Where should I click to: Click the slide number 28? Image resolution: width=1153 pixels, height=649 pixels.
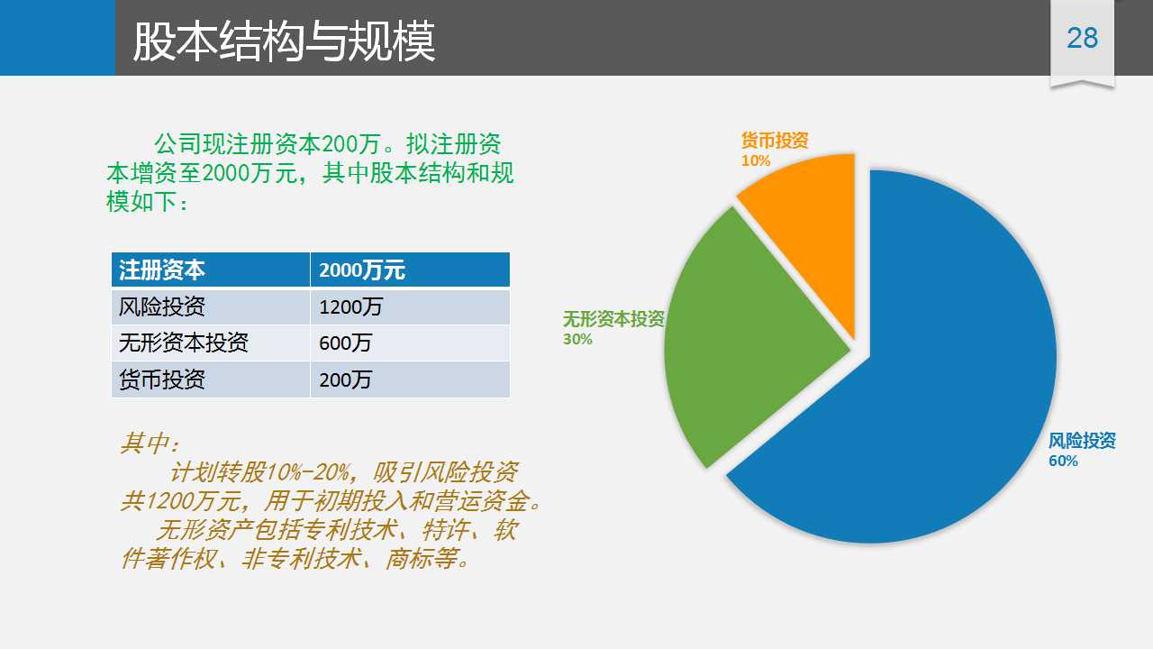click(1083, 38)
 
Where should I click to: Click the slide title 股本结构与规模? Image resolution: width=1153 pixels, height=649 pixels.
click(284, 41)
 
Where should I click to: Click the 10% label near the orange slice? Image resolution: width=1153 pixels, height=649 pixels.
click(756, 160)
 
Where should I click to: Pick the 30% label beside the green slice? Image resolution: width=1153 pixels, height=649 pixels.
click(577, 340)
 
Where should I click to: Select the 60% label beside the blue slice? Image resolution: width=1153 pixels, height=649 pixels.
click(1064, 461)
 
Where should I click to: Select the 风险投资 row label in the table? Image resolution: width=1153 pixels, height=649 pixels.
click(161, 307)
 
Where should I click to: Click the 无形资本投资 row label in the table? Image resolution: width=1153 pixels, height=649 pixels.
click(183, 343)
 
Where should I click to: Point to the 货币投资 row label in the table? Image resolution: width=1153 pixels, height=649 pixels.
click(161, 379)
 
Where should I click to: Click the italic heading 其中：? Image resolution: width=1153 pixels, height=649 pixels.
click(150, 443)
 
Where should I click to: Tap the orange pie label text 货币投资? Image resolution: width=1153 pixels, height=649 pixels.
click(775, 140)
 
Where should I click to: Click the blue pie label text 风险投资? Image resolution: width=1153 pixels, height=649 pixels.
click(1082, 441)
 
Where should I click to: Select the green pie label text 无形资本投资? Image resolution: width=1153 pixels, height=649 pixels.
click(613, 319)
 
